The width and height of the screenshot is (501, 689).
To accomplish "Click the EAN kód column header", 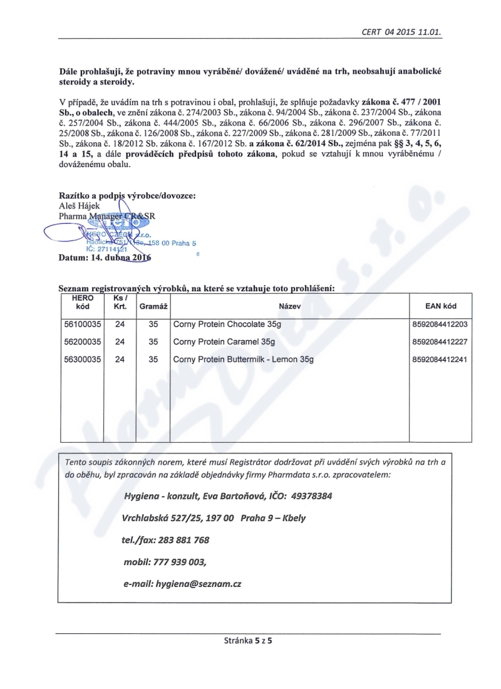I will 440,307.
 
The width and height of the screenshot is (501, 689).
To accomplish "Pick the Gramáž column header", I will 153,307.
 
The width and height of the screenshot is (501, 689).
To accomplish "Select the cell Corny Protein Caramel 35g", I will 224,342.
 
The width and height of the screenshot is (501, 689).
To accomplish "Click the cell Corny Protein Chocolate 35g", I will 227,324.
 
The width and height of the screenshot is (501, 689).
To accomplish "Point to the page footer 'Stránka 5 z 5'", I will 250,641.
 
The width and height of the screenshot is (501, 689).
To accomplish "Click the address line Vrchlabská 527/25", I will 169,518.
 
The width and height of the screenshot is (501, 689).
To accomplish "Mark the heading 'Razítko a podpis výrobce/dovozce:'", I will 127,195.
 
